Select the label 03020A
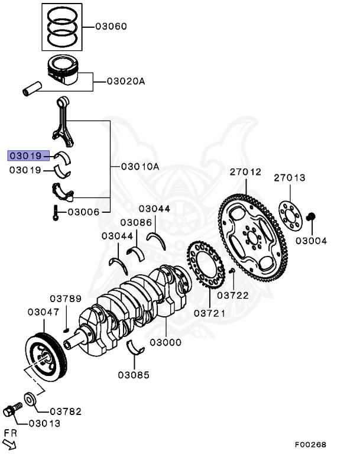point(125,81)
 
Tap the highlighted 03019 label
point(25,156)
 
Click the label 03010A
point(140,167)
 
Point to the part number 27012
point(245,172)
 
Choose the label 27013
point(290,177)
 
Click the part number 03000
point(165,342)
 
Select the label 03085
point(133,374)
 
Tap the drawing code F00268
point(311,444)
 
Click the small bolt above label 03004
point(312,219)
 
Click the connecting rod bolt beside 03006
point(55,212)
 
